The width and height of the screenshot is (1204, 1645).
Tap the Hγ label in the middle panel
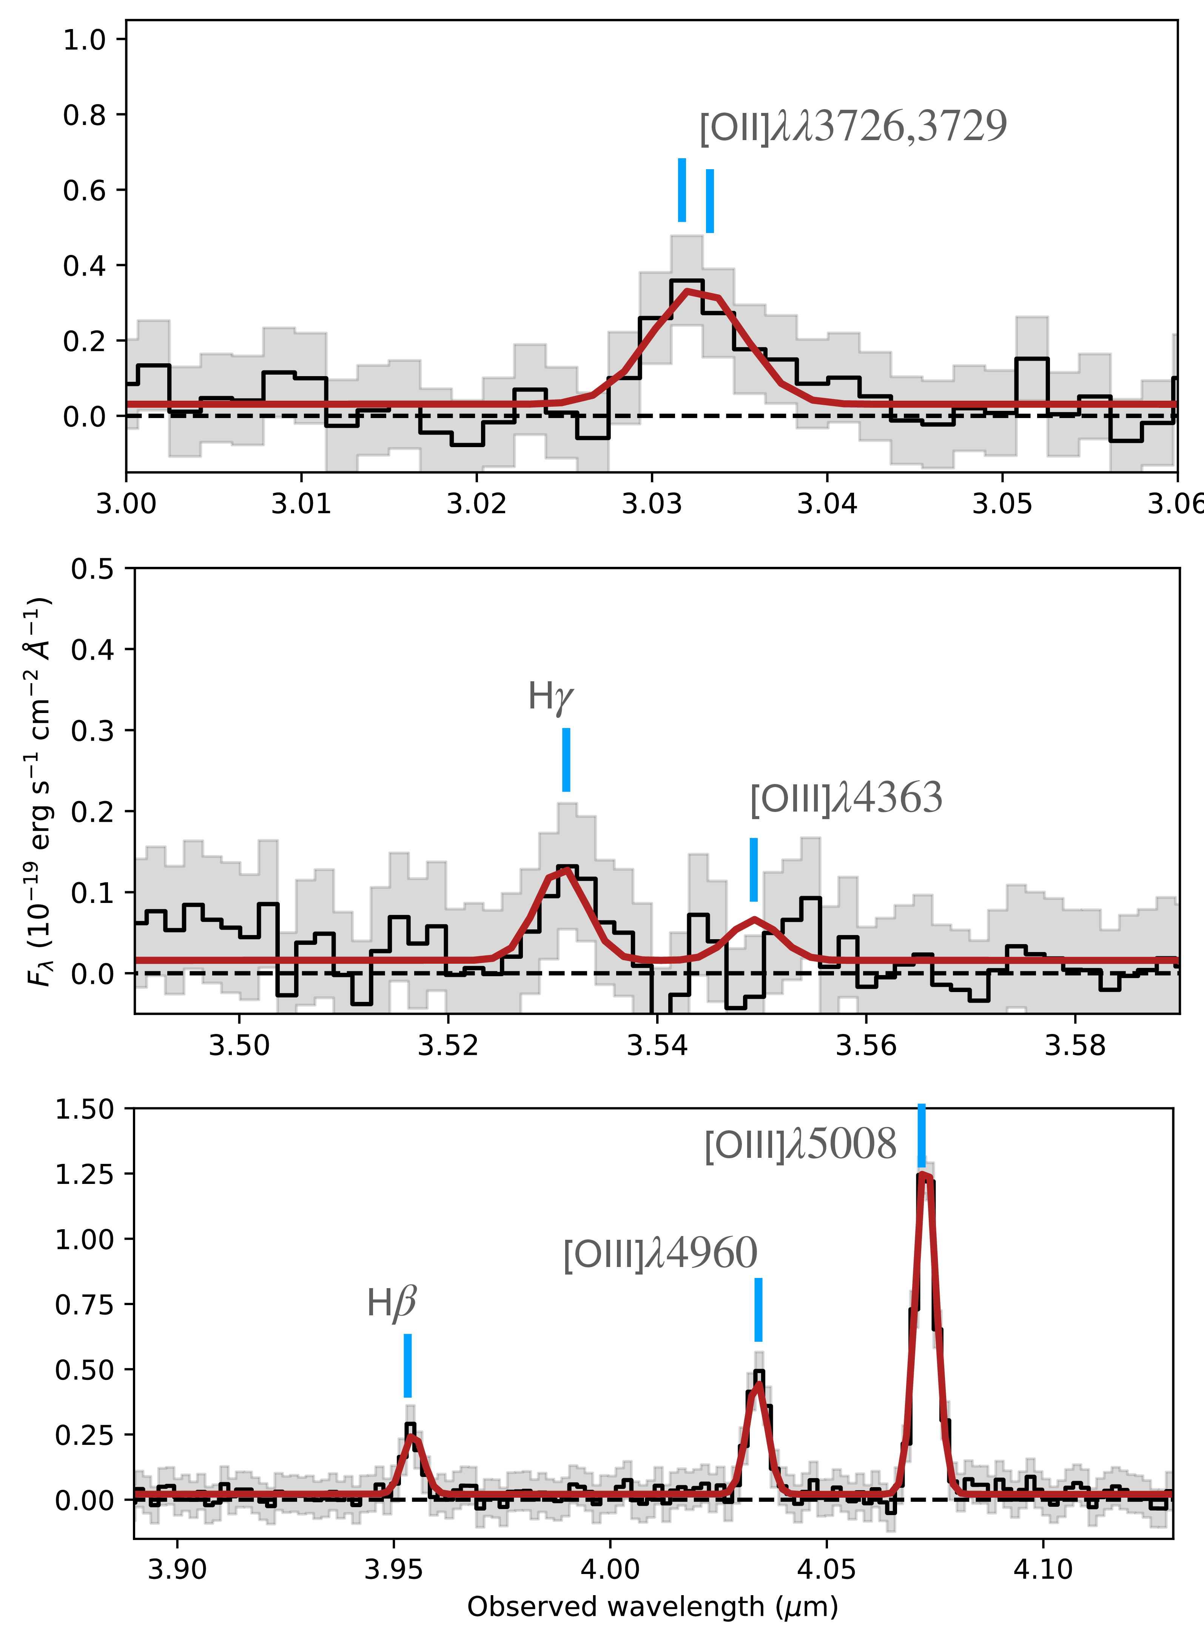click(x=550, y=697)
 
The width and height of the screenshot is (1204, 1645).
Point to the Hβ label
click(x=392, y=1303)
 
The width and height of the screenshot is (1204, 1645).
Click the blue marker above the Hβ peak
click(x=407, y=1365)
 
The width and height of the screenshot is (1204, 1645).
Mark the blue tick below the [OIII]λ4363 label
click(x=754, y=869)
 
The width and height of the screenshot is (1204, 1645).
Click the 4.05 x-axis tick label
click(x=826, y=1568)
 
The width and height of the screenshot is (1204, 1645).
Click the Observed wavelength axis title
click(x=652, y=1607)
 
